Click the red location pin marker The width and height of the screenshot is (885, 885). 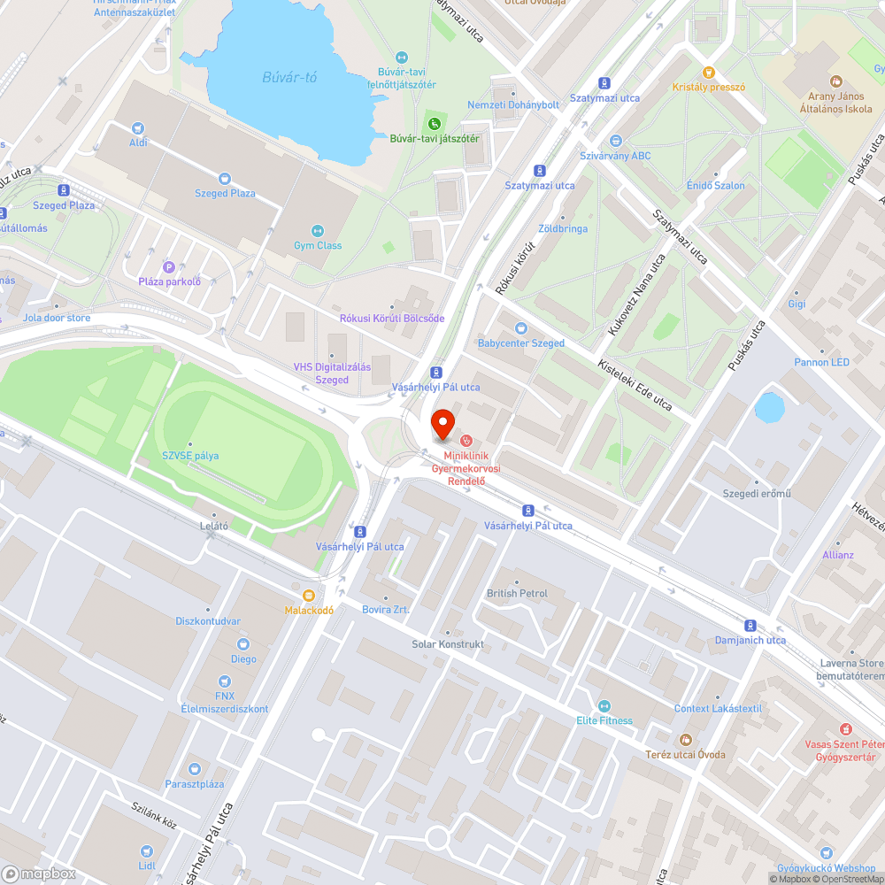point(442,422)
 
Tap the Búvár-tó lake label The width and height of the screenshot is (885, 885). point(289,77)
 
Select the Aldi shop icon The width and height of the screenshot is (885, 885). point(138,127)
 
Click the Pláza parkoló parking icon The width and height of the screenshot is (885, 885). point(169,266)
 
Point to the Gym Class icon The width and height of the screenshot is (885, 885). point(318,230)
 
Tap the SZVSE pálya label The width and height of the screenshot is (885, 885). point(189,456)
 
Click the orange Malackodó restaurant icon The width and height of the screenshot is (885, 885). point(309,596)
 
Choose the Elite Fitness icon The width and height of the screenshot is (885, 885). point(604,705)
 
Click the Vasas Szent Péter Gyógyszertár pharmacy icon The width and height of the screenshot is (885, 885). point(845,728)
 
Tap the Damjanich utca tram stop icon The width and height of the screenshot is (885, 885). point(750,625)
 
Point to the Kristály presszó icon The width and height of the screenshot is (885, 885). point(708,72)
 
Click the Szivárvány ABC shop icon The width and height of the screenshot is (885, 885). point(616,141)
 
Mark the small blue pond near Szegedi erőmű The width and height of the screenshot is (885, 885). point(769,408)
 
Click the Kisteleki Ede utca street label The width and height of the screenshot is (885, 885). point(635,386)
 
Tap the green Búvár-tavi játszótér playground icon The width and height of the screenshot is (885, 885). point(434,123)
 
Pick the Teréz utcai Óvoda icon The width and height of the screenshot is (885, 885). point(684,739)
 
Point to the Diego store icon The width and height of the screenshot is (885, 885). point(243,644)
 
